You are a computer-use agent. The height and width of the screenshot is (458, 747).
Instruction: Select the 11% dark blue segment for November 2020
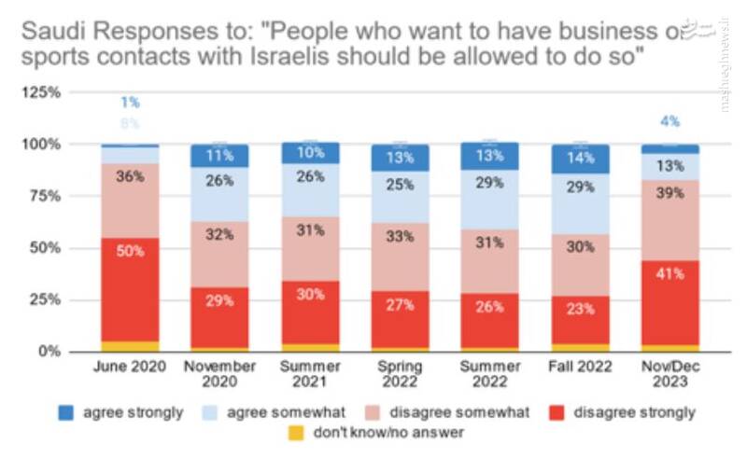pos(219,156)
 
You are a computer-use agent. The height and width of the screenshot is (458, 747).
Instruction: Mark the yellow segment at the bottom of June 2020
pos(129,346)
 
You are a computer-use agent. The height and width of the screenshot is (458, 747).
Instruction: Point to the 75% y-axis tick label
pos(43,197)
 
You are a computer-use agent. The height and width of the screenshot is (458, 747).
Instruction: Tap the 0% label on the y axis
pos(49,352)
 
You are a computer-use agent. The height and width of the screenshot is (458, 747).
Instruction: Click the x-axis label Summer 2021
pos(309,374)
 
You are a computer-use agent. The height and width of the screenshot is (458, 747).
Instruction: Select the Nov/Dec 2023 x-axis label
pos(670,374)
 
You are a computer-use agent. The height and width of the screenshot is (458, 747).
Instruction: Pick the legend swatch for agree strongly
pos(66,411)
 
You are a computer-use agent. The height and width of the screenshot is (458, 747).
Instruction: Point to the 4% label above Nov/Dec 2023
pos(670,121)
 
